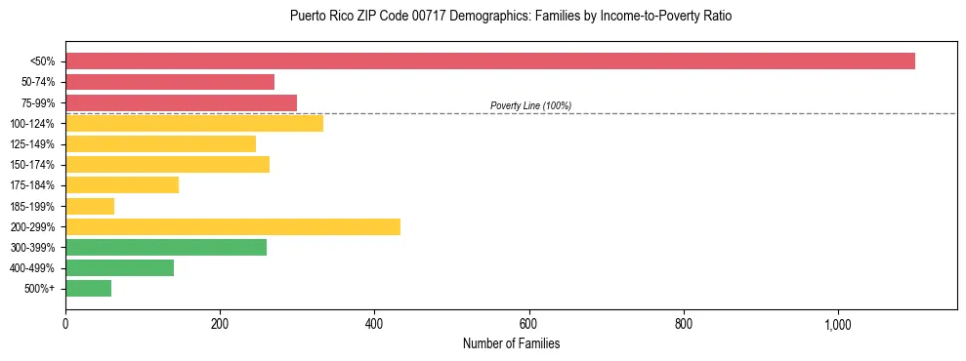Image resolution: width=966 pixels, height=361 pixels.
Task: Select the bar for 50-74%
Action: pos(170,82)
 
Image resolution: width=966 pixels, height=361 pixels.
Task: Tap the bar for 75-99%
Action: pos(181,102)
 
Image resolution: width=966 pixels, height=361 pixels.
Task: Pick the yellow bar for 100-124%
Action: pos(194,123)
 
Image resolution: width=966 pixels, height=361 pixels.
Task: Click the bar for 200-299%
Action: pos(232,226)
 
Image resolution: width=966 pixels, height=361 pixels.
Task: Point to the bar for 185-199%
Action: pos(90,206)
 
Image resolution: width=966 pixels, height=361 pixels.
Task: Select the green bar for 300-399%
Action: pos(166,247)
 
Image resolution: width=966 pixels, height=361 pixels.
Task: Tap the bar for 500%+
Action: pos(88,288)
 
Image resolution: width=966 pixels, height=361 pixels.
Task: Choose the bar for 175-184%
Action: pos(122,184)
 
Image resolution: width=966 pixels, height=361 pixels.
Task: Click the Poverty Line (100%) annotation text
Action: pos(530,105)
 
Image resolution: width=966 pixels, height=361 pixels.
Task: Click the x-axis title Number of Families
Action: pos(511,343)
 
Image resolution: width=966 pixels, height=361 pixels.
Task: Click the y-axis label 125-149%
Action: pos(32,144)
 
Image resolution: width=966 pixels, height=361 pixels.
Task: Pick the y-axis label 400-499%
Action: pos(32,268)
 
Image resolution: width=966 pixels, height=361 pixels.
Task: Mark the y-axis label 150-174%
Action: pos(32,165)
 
